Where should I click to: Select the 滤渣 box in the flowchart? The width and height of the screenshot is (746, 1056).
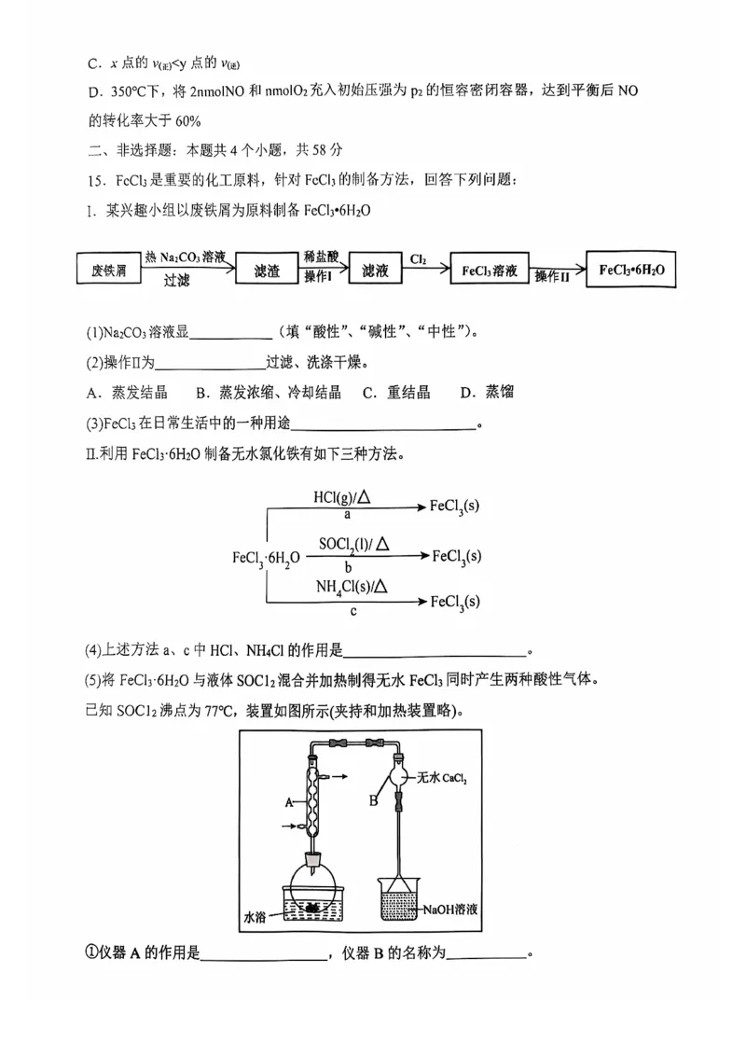(268, 271)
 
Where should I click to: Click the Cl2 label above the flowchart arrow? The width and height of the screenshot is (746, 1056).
(419, 258)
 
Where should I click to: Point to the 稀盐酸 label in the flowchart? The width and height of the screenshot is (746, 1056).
(321, 256)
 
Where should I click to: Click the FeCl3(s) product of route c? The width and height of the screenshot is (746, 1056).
(455, 603)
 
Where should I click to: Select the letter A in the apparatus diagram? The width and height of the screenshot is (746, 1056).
(290, 801)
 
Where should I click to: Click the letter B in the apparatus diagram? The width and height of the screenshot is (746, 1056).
(372, 799)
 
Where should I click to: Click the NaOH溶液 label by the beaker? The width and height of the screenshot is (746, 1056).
(449, 908)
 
